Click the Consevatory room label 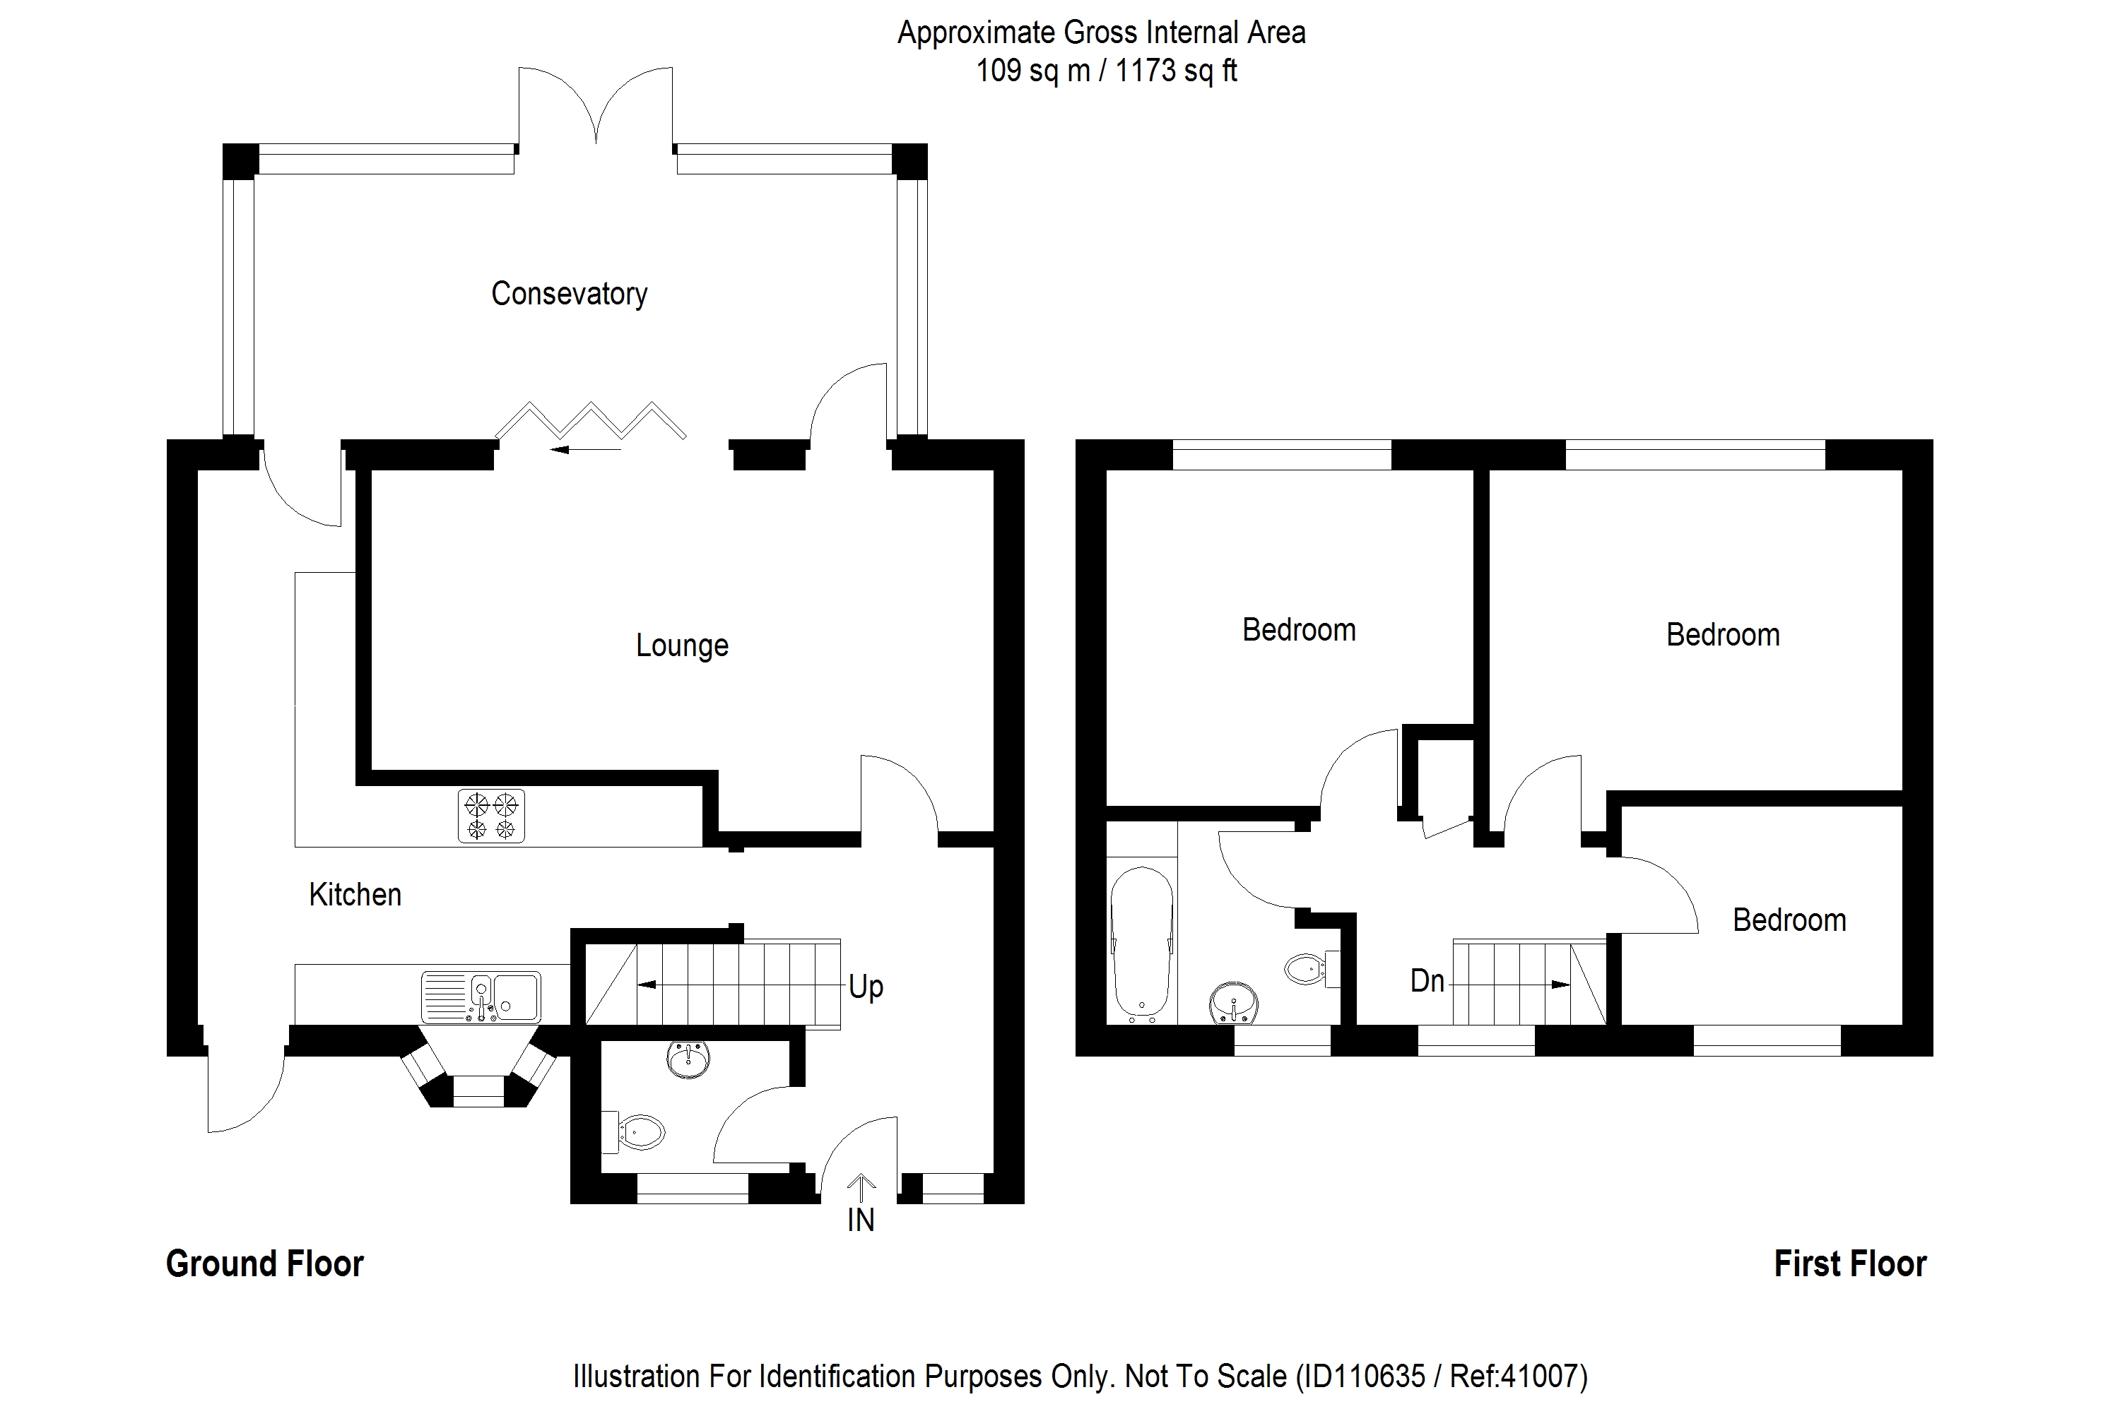click(x=569, y=294)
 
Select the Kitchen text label click(x=355, y=894)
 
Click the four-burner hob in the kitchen click(x=491, y=816)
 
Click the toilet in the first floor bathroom click(x=1313, y=969)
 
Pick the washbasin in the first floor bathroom click(x=1235, y=1002)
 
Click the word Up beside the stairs click(x=866, y=987)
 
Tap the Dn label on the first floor click(x=1427, y=980)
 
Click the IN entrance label click(x=861, y=1220)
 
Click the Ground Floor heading click(x=264, y=1264)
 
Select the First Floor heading click(x=1850, y=1264)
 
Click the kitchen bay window click(x=478, y=1069)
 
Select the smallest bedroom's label click(x=1789, y=920)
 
